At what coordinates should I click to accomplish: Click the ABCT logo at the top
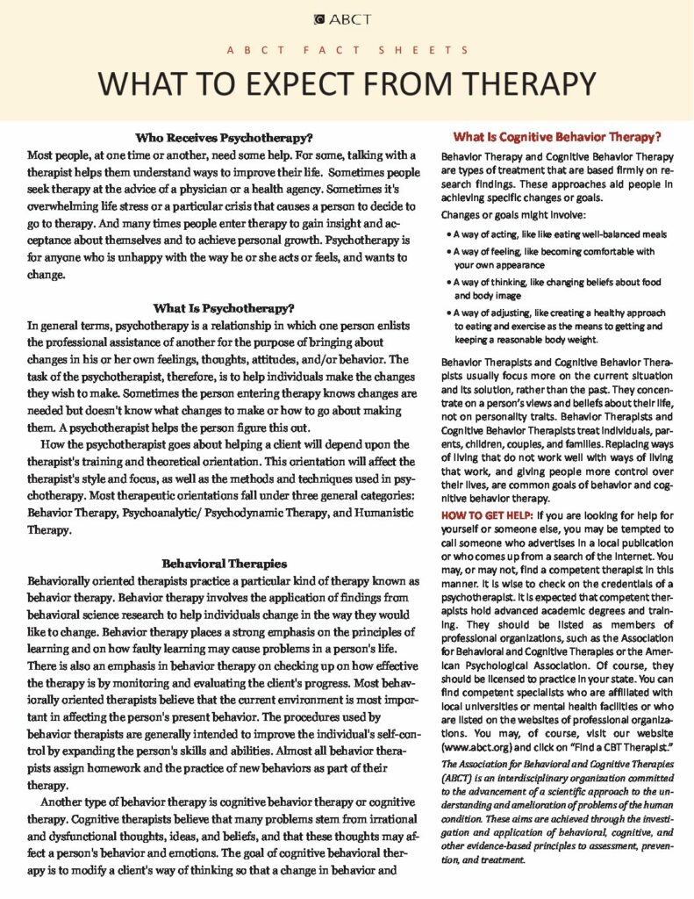[x=347, y=19]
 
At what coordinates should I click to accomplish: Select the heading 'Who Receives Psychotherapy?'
[x=225, y=138]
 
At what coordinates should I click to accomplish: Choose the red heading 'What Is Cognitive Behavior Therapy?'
[x=556, y=137]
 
